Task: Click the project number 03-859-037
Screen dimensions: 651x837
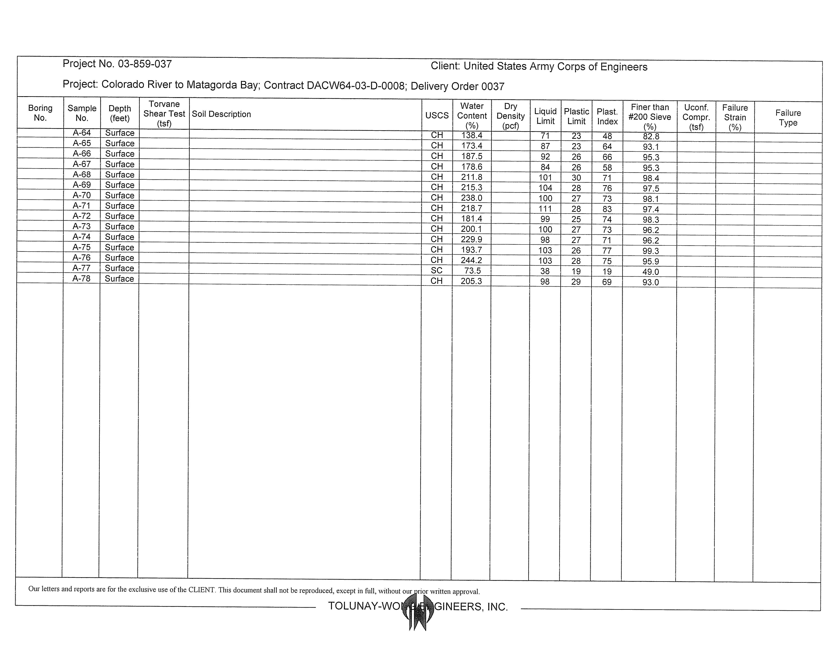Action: [x=145, y=64]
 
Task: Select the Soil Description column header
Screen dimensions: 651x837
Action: [x=221, y=114]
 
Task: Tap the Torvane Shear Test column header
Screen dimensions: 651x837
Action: [x=164, y=114]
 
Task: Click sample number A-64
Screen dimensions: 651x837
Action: [x=82, y=133]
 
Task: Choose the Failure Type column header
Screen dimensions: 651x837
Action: [x=788, y=118]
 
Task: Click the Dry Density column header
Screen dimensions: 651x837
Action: [x=511, y=116]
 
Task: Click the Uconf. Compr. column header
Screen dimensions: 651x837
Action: [x=696, y=117]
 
